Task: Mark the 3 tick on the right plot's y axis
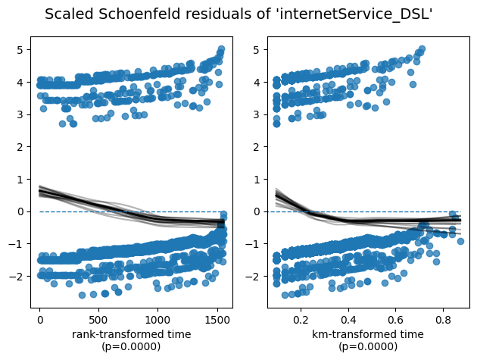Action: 258,114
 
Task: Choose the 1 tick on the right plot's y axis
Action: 258,179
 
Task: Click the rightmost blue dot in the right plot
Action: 460,241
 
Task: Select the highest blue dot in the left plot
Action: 221,49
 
